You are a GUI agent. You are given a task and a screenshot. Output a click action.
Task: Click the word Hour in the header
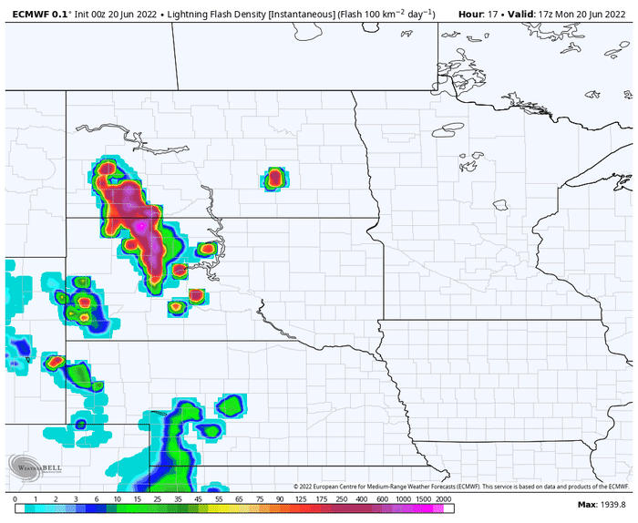pos(470,14)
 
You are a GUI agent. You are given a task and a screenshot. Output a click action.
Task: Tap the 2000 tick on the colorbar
pos(444,500)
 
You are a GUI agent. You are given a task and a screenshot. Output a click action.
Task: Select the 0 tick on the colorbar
pos(15,500)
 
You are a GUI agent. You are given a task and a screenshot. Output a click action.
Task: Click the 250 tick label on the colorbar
pos(341,500)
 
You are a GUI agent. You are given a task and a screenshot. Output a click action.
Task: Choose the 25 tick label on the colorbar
pos(158,500)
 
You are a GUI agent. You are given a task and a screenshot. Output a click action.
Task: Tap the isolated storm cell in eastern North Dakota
pos(274,178)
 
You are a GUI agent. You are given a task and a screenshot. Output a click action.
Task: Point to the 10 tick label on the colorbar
pos(118,500)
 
